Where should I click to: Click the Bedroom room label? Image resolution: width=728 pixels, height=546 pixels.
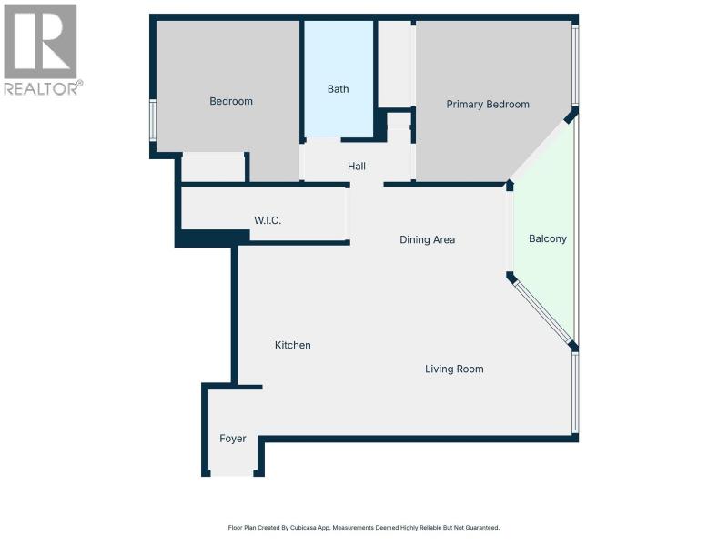point(231,101)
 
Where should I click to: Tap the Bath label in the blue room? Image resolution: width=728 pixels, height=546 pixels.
point(338,88)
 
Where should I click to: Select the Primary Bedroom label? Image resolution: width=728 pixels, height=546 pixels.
point(488,105)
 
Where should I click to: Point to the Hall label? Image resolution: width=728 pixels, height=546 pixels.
point(357,166)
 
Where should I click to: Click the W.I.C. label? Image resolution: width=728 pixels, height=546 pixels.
point(268,220)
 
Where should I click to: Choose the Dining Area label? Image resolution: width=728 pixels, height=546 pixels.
point(427,239)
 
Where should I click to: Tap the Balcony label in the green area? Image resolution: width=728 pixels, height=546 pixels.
point(548,238)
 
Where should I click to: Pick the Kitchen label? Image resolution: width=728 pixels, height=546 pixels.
point(293,345)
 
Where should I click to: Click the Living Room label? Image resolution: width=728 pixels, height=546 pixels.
point(454,369)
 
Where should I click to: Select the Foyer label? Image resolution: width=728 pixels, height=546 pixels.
point(233,439)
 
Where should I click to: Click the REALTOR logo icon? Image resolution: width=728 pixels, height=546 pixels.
point(40,41)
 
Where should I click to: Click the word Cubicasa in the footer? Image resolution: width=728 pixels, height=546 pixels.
point(303,528)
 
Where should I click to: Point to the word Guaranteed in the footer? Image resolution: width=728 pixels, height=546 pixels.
point(483,528)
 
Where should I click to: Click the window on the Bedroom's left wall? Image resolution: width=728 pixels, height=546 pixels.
point(152,120)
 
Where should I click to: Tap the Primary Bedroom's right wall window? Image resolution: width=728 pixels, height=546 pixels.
point(575,65)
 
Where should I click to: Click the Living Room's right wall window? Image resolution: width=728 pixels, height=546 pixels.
point(575,392)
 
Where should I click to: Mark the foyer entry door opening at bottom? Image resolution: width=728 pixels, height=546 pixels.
point(232,473)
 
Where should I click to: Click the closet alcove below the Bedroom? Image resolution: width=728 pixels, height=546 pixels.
point(213,167)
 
